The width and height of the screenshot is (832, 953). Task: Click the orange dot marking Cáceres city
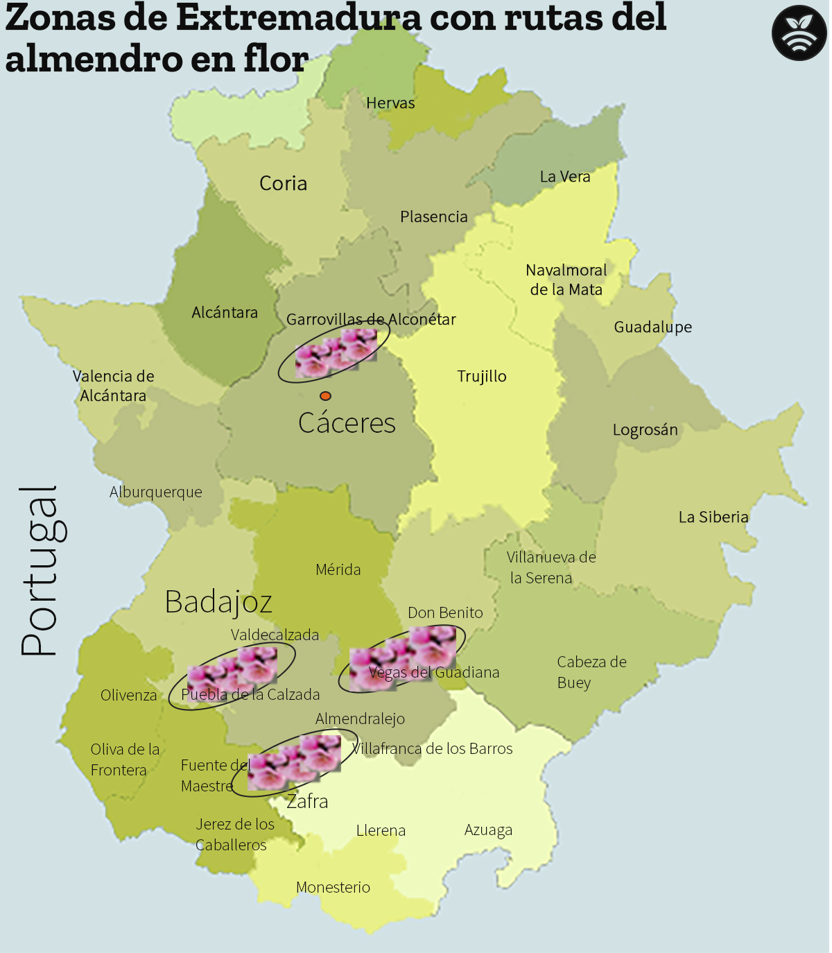pos(325,396)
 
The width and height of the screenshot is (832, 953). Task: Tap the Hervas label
pos(390,103)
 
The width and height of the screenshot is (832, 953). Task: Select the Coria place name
pos(283,184)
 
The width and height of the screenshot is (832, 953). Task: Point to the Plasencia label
pos(433,217)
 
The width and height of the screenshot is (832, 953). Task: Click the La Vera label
pos(565,177)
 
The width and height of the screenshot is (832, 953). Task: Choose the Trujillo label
pos(482,377)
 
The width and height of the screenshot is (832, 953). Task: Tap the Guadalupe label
pos(652,327)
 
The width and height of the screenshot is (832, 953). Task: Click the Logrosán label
pos(645,430)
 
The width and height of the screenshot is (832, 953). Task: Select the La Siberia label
pos(713,517)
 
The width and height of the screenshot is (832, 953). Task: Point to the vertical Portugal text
pos(40,571)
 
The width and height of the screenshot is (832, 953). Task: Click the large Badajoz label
pos(218,602)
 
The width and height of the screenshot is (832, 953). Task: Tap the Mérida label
pos(338,570)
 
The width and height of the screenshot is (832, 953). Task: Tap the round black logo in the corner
pos(799,33)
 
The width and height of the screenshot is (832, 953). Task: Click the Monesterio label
pos(333,888)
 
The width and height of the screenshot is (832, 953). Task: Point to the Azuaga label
pos(488,830)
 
